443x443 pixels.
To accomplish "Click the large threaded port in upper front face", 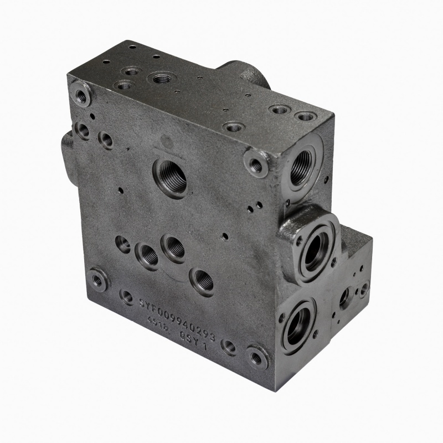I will [x=170, y=177].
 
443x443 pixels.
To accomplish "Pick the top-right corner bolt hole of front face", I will [x=256, y=164].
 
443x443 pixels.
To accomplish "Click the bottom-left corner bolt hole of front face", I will [x=98, y=280].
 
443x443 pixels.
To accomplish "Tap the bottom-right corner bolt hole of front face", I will [x=256, y=357].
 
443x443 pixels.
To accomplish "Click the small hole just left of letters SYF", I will [x=127, y=297].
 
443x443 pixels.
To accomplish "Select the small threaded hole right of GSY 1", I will [x=229, y=347].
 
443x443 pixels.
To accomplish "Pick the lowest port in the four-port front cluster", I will [x=202, y=281].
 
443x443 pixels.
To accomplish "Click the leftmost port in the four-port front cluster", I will [x=123, y=243].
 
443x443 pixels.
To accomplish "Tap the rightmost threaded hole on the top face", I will [x=305, y=116].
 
